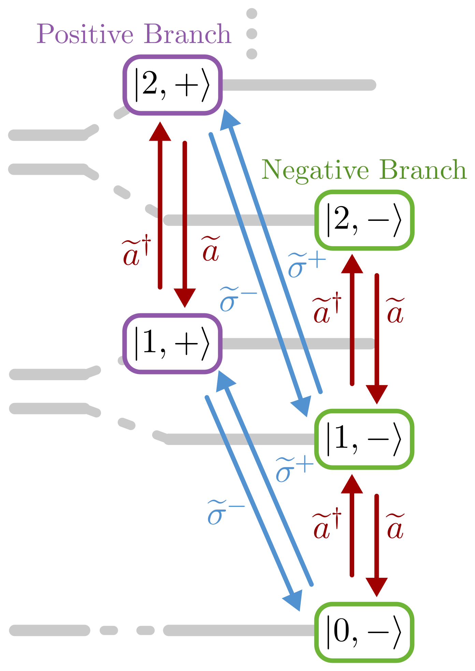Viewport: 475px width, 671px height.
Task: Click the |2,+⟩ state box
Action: point(173,85)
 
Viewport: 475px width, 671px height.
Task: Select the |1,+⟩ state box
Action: point(173,344)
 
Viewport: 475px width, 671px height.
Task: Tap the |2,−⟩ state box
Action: point(364,220)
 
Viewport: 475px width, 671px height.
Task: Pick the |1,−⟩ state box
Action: point(364,439)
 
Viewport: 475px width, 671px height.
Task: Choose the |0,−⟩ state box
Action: point(364,632)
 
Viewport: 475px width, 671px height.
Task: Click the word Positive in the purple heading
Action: point(85,34)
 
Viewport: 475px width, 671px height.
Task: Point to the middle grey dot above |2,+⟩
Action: point(251,33)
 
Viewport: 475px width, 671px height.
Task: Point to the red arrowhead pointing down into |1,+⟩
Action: point(185,298)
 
